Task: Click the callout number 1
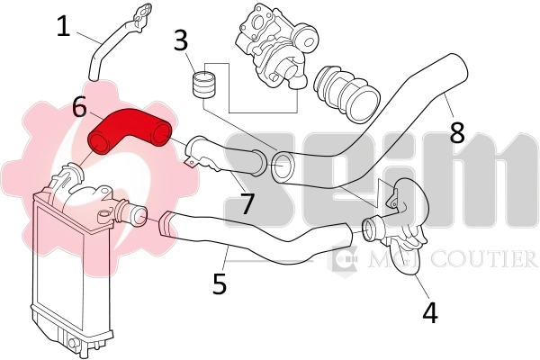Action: (63, 26)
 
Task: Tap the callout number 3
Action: (181, 40)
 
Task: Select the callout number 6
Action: (79, 109)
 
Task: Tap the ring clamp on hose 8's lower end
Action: (283, 166)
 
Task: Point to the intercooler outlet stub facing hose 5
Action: (135, 214)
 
